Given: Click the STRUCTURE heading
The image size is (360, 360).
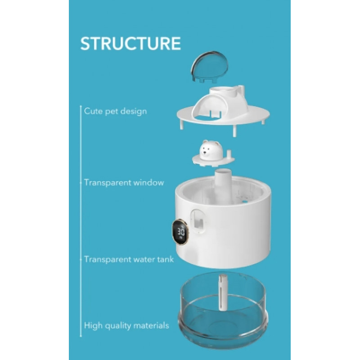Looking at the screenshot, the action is tap(130, 43).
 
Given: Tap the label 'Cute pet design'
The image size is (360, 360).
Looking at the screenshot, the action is tap(115, 111).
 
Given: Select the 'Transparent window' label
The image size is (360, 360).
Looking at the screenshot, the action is tap(124, 183).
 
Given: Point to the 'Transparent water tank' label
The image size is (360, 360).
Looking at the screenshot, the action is tap(129, 260).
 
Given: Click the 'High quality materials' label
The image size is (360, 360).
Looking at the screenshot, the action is tap(126, 326).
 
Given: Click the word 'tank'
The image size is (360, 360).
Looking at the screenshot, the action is tap(166, 260).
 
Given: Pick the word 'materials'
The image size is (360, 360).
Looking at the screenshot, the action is tap(151, 325).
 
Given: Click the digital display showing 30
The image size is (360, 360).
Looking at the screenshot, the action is tap(181, 232).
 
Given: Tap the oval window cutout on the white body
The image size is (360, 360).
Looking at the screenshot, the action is tap(198, 222).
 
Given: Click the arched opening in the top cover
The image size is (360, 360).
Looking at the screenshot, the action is tap(208, 111).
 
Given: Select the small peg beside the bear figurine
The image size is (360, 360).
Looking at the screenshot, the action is tap(229, 153).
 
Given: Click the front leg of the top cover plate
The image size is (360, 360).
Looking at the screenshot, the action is tap(234, 131).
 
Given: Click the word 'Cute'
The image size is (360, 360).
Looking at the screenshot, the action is tap(93, 111).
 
